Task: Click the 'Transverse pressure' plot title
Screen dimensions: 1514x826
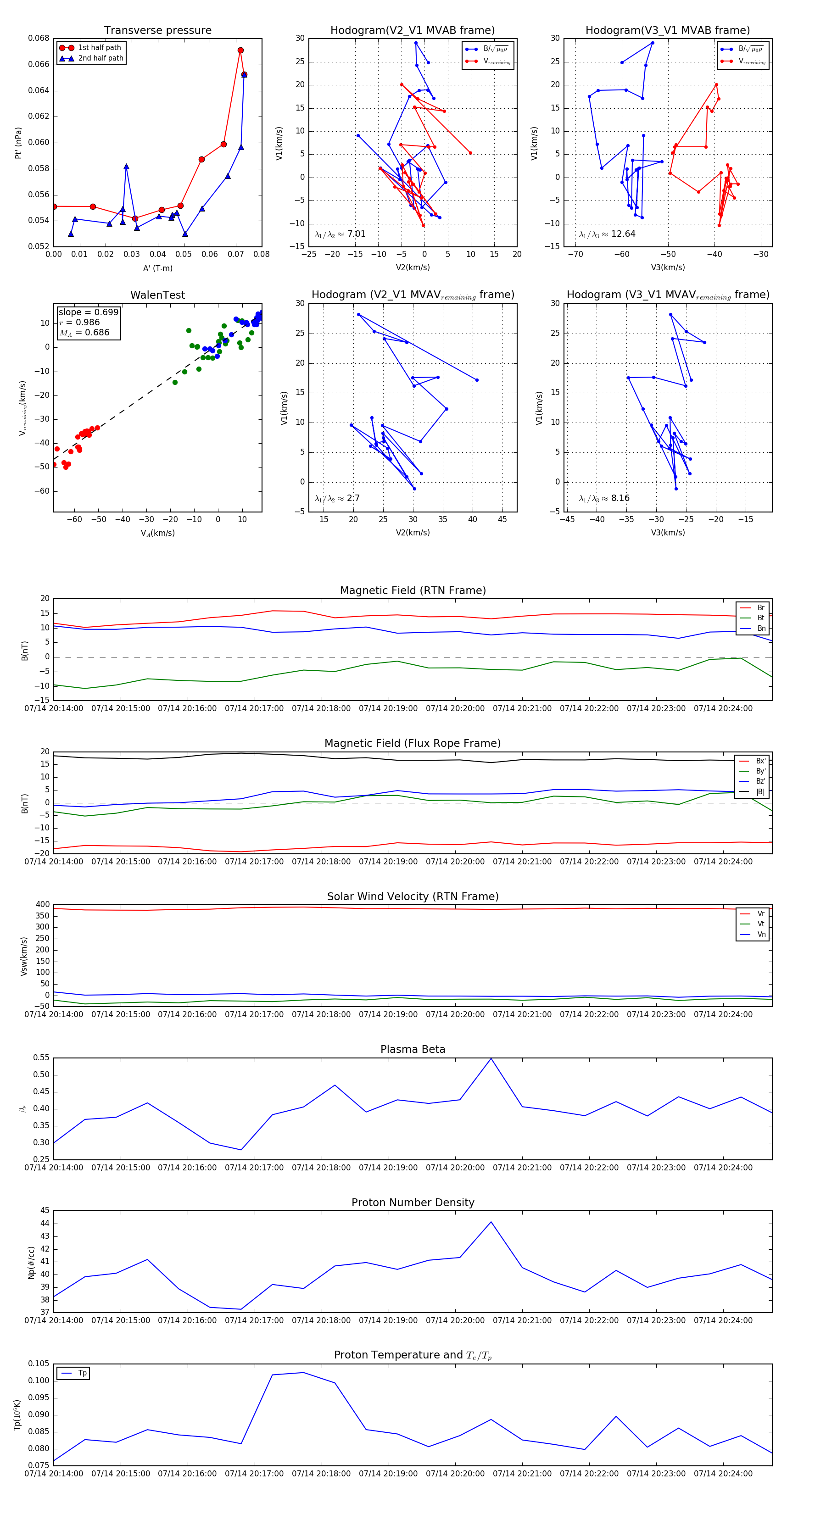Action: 157,31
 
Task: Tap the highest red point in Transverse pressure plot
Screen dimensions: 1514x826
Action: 240,50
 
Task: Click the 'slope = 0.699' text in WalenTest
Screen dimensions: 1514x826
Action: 88,312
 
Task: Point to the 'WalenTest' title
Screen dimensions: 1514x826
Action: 157,295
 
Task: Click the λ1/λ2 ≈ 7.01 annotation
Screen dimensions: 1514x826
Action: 340,234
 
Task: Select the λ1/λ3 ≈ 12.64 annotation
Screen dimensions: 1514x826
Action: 607,234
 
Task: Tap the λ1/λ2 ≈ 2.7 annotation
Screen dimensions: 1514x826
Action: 337,498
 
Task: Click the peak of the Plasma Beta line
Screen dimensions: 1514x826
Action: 491,1058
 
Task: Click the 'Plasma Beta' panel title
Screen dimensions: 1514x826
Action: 413,1049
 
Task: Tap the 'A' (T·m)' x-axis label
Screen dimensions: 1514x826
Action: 157,268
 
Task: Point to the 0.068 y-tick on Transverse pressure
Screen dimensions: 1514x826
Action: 39,38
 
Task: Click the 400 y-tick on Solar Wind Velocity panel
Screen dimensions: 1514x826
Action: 42,905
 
